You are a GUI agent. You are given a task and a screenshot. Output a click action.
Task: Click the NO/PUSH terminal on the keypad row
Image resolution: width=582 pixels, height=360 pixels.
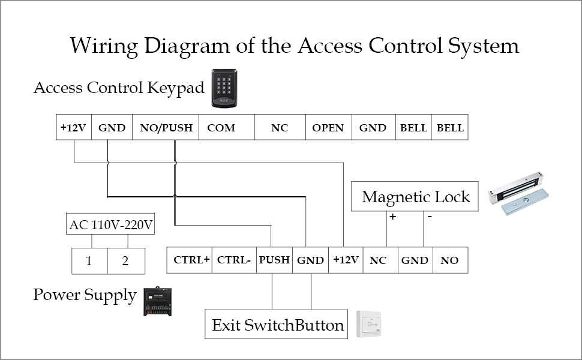tap(166, 128)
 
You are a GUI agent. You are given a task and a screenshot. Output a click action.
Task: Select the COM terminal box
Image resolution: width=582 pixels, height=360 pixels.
tap(221, 128)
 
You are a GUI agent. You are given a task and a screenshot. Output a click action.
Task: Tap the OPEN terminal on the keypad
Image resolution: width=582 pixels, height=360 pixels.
tap(328, 128)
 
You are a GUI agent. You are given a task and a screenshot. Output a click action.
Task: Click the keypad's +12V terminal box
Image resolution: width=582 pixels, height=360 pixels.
tap(74, 128)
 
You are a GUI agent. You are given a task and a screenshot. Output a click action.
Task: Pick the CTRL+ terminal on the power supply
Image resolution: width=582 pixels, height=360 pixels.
tap(191, 260)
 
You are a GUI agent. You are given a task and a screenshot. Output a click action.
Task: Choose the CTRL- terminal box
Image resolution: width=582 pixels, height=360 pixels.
tap(234, 260)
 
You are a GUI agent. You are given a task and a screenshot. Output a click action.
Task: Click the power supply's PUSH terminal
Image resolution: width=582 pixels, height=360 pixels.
tap(274, 260)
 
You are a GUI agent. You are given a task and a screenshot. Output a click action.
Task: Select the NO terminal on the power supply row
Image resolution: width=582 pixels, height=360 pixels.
tap(449, 260)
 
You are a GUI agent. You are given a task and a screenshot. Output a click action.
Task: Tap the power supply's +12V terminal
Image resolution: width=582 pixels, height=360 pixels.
tap(346, 260)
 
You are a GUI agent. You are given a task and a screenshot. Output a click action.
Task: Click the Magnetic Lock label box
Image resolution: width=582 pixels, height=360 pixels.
tap(415, 197)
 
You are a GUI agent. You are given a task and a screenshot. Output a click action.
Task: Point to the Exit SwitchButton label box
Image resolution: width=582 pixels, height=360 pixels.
tap(277, 326)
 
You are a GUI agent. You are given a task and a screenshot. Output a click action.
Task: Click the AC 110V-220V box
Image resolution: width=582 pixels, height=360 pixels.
tap(111, 226)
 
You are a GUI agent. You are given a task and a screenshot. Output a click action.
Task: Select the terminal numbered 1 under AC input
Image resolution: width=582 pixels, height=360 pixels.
tap(90, 262)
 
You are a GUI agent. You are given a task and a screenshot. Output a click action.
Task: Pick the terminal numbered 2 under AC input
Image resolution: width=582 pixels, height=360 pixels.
tap(125, 262)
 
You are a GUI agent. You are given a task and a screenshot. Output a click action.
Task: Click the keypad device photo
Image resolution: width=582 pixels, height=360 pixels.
tap(224, 89)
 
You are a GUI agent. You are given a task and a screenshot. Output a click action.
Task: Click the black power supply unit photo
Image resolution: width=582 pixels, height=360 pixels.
tap(158, 301)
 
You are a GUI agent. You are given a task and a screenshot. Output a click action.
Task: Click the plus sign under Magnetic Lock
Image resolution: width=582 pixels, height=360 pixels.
tap(392, 217)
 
